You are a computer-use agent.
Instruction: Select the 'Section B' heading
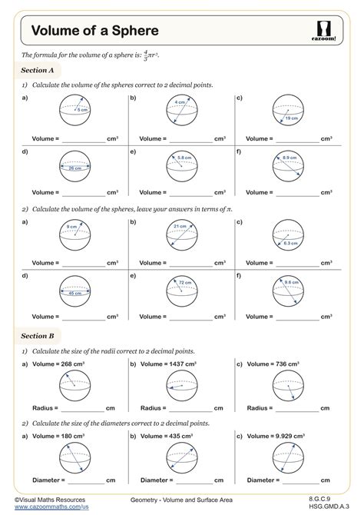(x=38, y=336)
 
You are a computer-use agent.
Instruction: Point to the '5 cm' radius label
(x=81, y=110)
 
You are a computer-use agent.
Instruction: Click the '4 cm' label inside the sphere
(x=179, y=102)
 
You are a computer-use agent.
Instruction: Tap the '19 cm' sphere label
(x=293, y=118)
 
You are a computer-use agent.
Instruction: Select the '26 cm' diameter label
(x=74, y=168)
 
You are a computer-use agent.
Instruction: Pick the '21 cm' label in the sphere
(x=180, y=226)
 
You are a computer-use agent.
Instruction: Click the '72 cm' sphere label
(x=185, y=283)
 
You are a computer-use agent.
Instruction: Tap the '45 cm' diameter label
(x=74, y=293)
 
